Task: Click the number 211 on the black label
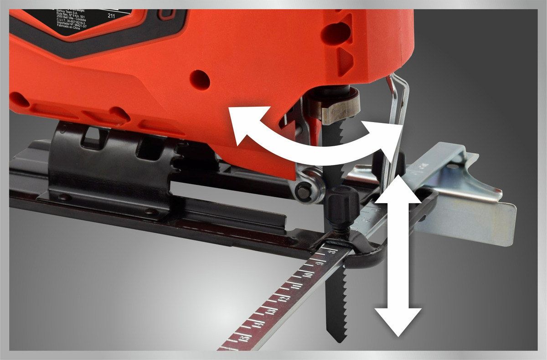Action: click(x=111, y=15)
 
